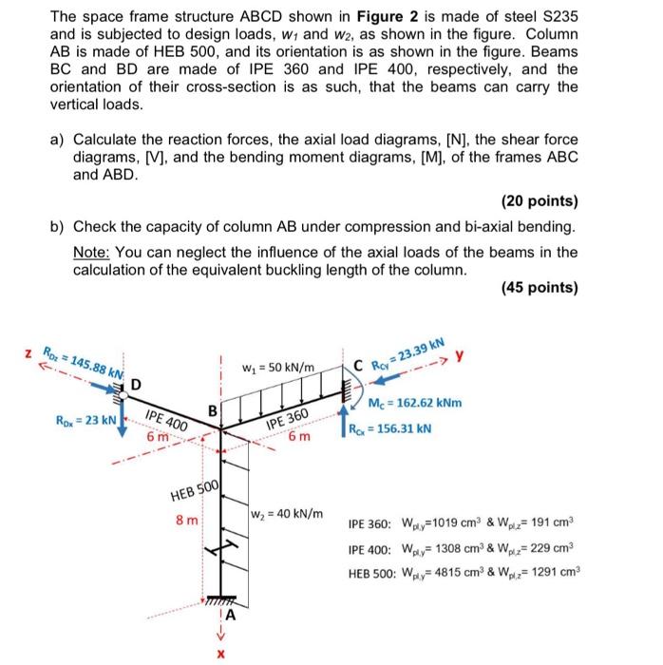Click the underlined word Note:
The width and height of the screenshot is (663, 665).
(94, 252)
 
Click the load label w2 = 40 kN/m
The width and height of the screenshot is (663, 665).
(285, 514)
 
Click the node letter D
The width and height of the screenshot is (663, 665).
(135, 385)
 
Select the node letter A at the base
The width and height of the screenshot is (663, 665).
(229, 615)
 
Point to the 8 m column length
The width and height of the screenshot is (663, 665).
(188, 521)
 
